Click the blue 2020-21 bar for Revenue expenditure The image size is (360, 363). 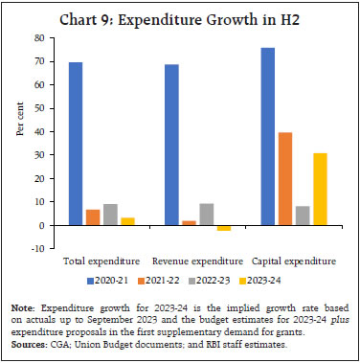tap(172, 145)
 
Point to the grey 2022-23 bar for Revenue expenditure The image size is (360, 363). tap(207, 214)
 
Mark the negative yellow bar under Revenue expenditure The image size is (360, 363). tap(224, 228)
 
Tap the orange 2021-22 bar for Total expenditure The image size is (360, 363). tap(93, 216)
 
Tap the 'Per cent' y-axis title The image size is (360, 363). tap(20, 144)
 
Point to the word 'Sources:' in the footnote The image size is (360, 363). tap(30, 341)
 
